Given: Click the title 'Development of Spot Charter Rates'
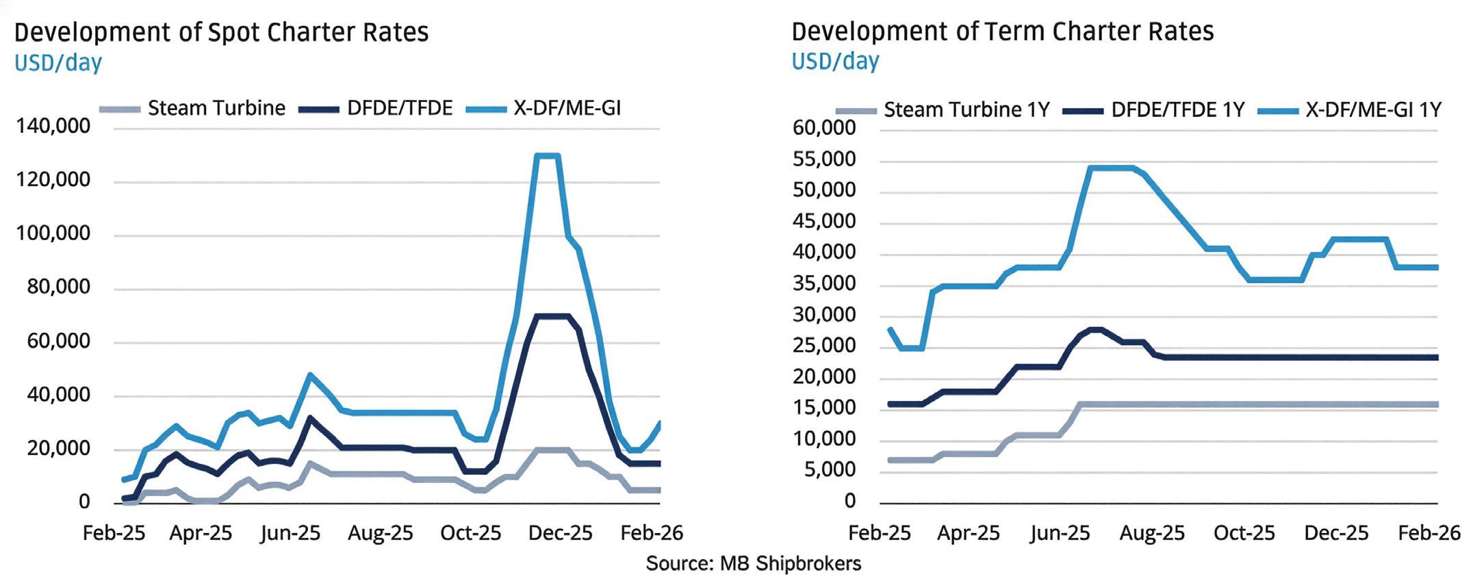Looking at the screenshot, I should pyautogui.click(x=221, y=32).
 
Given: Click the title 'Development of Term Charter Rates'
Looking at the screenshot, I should pyautogui.click(x=1002, y=31).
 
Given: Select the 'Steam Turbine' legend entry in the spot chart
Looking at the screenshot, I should pyautogui.click(x=216, y=108).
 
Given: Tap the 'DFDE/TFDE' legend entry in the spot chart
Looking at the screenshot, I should pyautogui.click(x=400, y=108).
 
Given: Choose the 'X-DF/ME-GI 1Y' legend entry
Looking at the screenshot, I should pyautogui.click(x=1373, y=109).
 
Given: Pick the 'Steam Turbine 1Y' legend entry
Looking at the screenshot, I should pyautogui.click(x=966, y=109).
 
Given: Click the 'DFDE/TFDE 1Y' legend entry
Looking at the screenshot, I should pyautogui.click(x=1177, y=109).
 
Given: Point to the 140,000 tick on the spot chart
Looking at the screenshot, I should pyautogui.click(x=53, y=126).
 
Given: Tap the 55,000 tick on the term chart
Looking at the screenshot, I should pyautogui.click(x=823, y=159).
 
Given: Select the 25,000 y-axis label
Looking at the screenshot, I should pyautogui.click(x=823, y=346).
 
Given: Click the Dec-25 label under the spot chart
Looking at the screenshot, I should pyautogui.click(x=560, y=533).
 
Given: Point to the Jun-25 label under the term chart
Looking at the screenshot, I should pyautogui.click(x=1060, y=533).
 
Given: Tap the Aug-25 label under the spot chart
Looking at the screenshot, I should pyautogui.click(x=380, y=533).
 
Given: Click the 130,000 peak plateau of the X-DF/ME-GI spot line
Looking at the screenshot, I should pyautogui.click(x=548, y=156).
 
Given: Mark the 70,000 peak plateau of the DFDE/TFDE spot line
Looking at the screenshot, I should pyautogui.click(x=551, y=316).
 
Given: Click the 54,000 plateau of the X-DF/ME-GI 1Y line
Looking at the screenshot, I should pyautogui.click(x=1110, y=168).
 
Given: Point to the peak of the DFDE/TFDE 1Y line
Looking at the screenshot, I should pyautogui.click(x=1095, y=330).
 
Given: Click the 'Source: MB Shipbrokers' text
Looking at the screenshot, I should pyautogui.click(x=753, y=564).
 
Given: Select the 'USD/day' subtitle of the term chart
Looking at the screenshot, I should pyautogui.click(x=834, y=62).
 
